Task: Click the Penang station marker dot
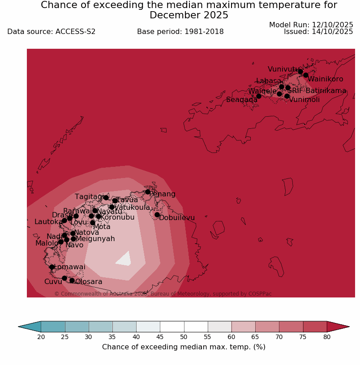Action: (148, 192)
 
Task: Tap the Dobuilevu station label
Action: (177, 218)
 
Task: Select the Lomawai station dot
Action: (52, 267)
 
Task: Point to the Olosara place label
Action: (89, 282)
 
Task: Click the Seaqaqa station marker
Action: (259, 96)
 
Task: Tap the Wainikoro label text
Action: (325, 79)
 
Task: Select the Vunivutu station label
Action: (283, 69)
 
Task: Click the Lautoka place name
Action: (49, 222)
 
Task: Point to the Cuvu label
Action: (53, 282)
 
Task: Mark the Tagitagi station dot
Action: (106, 198)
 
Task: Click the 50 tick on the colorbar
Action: (184, 337)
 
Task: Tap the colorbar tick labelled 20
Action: (41, 337)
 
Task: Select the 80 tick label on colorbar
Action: (327, 337)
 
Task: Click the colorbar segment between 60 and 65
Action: (243, 327)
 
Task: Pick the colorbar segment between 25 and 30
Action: (77, 327)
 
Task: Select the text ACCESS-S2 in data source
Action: (75, 32)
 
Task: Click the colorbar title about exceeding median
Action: (184, 347)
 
